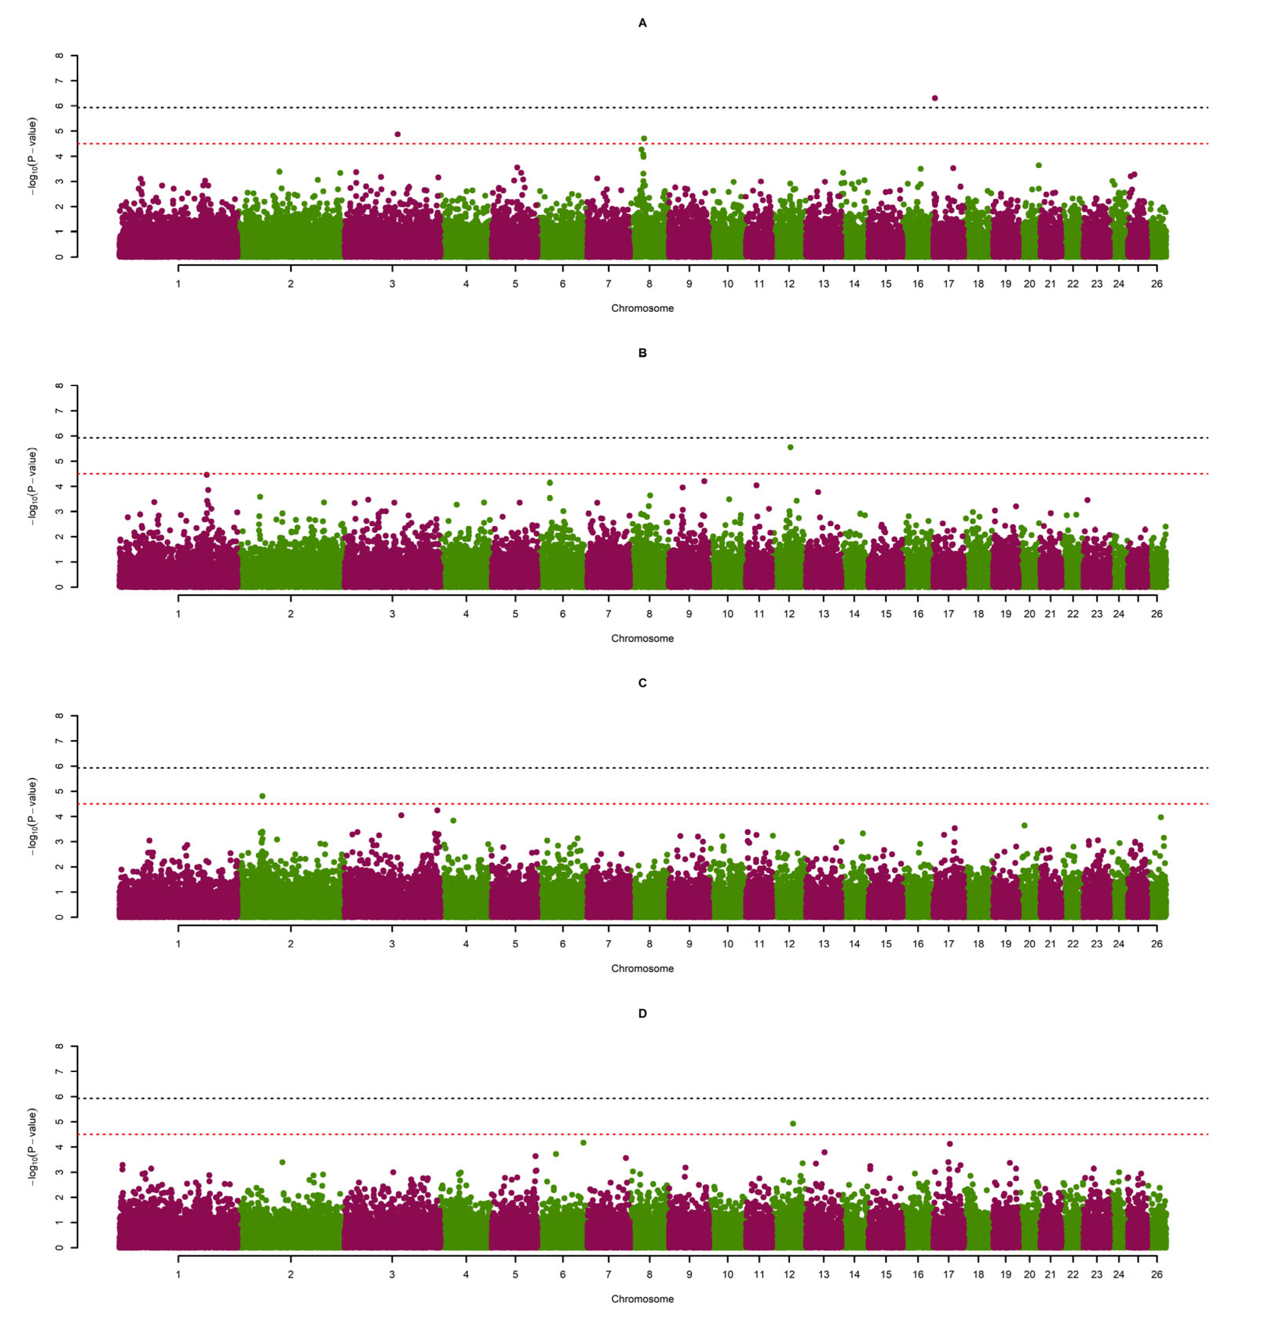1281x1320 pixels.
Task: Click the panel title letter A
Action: click(642, 23)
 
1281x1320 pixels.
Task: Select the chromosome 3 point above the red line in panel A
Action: click(397, 134)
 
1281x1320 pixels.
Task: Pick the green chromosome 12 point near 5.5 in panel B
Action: click(790, 447)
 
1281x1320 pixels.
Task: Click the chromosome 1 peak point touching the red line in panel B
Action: click(207, 475)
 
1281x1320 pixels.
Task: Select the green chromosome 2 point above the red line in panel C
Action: click(262, 796)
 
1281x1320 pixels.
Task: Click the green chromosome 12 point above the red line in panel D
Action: click(793, 1123)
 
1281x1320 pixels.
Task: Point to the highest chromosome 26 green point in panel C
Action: click(1160, 817)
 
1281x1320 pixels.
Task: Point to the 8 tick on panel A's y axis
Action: click(60, 56)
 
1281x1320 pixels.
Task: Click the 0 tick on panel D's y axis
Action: click(60, 1247)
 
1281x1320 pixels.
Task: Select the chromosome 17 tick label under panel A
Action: click(948, 283)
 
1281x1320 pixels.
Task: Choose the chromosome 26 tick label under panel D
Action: click(1156, 1274)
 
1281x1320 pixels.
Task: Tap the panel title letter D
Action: click(642, 1014)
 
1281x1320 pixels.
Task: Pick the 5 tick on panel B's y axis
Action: click(60, 461)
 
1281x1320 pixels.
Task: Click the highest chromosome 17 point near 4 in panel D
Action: click(950, 1144)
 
